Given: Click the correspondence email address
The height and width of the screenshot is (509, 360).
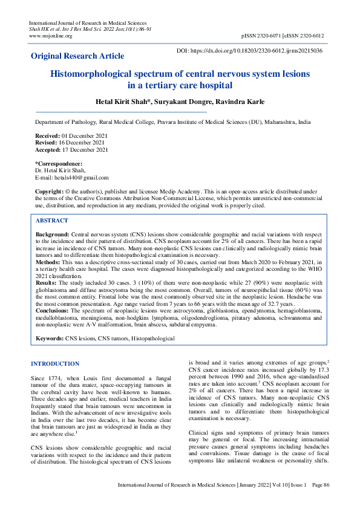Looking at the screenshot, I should click(x=72, y=178).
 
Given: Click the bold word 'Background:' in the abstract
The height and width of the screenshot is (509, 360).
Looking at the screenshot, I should click(x=53, y=233).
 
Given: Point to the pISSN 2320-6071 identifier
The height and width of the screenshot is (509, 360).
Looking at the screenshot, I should click(x=261, y=36).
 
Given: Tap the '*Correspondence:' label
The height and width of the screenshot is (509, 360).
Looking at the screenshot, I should click(x=59, y=164).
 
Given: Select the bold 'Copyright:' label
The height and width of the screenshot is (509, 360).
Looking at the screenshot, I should click(x=51, y=191).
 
